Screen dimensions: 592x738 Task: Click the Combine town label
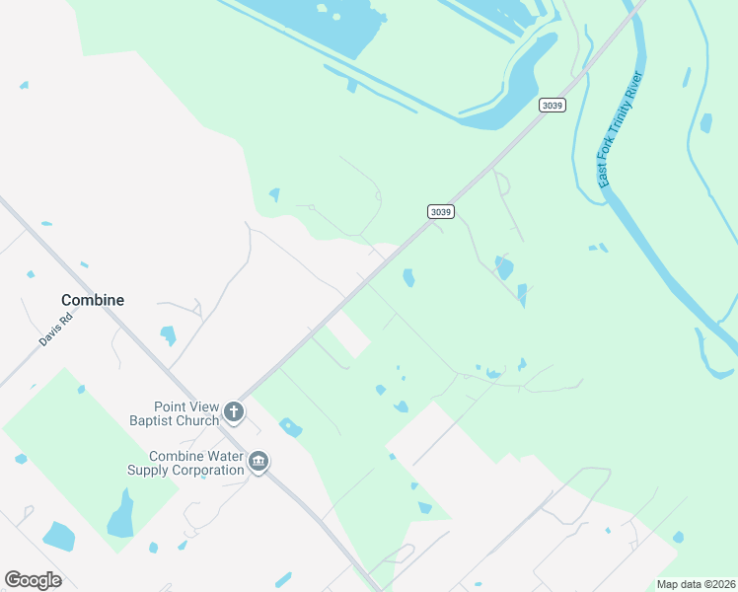93,300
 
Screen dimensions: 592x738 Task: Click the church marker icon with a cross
234,411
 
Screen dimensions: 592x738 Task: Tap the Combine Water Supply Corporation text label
185,463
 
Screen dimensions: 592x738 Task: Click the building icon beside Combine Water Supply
258,462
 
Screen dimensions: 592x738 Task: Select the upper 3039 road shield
553,105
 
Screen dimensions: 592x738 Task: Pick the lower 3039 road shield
441,211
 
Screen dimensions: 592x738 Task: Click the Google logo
33,580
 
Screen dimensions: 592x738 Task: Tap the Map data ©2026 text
695,584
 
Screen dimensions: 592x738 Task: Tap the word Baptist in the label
151,421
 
